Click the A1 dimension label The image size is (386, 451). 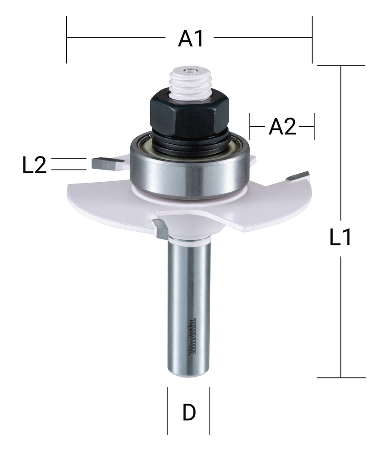[x=190, y=40]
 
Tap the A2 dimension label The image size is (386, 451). [x=283, y=128]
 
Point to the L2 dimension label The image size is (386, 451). [x=34, y=166]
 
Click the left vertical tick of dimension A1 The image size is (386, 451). [x=67, y=40]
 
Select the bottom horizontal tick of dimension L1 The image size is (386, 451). [x=340, y=377]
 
